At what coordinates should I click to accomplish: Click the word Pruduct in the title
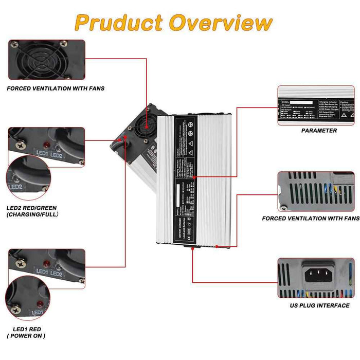119,23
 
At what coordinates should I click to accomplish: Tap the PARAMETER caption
319,131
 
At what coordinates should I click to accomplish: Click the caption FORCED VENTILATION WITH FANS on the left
56,88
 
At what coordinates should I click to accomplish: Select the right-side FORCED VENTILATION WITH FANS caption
311,219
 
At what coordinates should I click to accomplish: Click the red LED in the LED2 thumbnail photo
47,146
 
